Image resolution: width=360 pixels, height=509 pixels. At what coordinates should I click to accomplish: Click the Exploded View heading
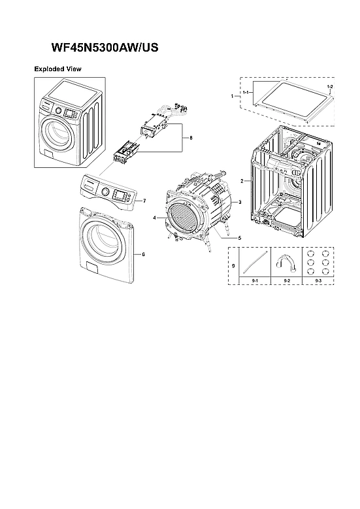pos(57,69)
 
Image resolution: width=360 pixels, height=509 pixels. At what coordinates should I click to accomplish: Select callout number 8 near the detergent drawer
pos(191,138)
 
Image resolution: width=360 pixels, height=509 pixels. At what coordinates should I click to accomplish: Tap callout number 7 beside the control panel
pos(144,200)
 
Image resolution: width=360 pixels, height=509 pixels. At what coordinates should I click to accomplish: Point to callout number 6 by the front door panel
pos(143,254)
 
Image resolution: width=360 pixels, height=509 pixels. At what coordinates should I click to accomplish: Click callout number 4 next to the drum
pos(154,216)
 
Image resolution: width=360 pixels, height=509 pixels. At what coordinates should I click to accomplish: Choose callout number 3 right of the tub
pos(240,203)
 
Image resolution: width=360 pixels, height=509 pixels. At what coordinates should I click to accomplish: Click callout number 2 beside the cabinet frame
pos(242,180)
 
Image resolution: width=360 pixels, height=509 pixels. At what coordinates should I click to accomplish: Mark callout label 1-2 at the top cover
pos(329,87)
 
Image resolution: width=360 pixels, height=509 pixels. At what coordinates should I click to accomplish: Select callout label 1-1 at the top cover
pos(246,93)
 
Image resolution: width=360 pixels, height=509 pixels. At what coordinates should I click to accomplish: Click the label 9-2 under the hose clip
pos(286,280)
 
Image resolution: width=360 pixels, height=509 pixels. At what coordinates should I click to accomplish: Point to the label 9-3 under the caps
pos(318,280)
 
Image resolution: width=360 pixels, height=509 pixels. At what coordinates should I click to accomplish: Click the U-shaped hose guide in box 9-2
pos(286,262)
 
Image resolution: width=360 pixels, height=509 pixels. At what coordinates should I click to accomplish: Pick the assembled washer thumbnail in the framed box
pos(68,122)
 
